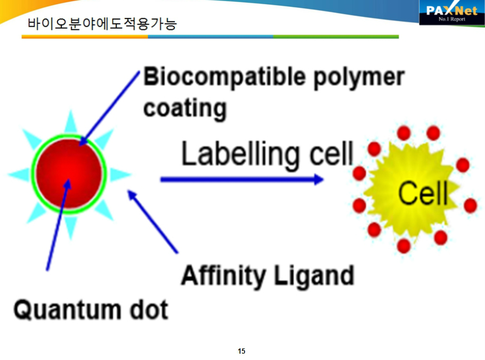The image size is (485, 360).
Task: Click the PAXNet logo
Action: (451, 12)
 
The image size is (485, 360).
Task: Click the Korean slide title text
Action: (102, 24)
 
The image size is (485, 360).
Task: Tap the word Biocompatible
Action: (224, 77)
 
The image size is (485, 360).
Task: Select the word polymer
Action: (359, 78)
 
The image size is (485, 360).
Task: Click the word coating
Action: (185, 109)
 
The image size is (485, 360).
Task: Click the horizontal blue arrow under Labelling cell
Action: (242, 179)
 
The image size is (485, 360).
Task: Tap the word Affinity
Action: (223, 276)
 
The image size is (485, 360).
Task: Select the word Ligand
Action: (314, 276)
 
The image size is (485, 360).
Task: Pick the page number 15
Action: (241, 351)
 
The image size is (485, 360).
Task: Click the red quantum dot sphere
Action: (69, 174)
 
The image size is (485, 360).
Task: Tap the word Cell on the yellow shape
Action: (423, 193)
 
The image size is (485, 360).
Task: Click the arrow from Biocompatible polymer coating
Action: (109, 108)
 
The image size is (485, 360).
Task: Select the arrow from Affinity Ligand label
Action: (153, 222)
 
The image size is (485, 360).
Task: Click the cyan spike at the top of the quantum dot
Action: (71, 122)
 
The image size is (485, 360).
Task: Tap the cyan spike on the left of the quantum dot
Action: (19, 174)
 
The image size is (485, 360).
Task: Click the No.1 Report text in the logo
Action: (451, 19)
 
